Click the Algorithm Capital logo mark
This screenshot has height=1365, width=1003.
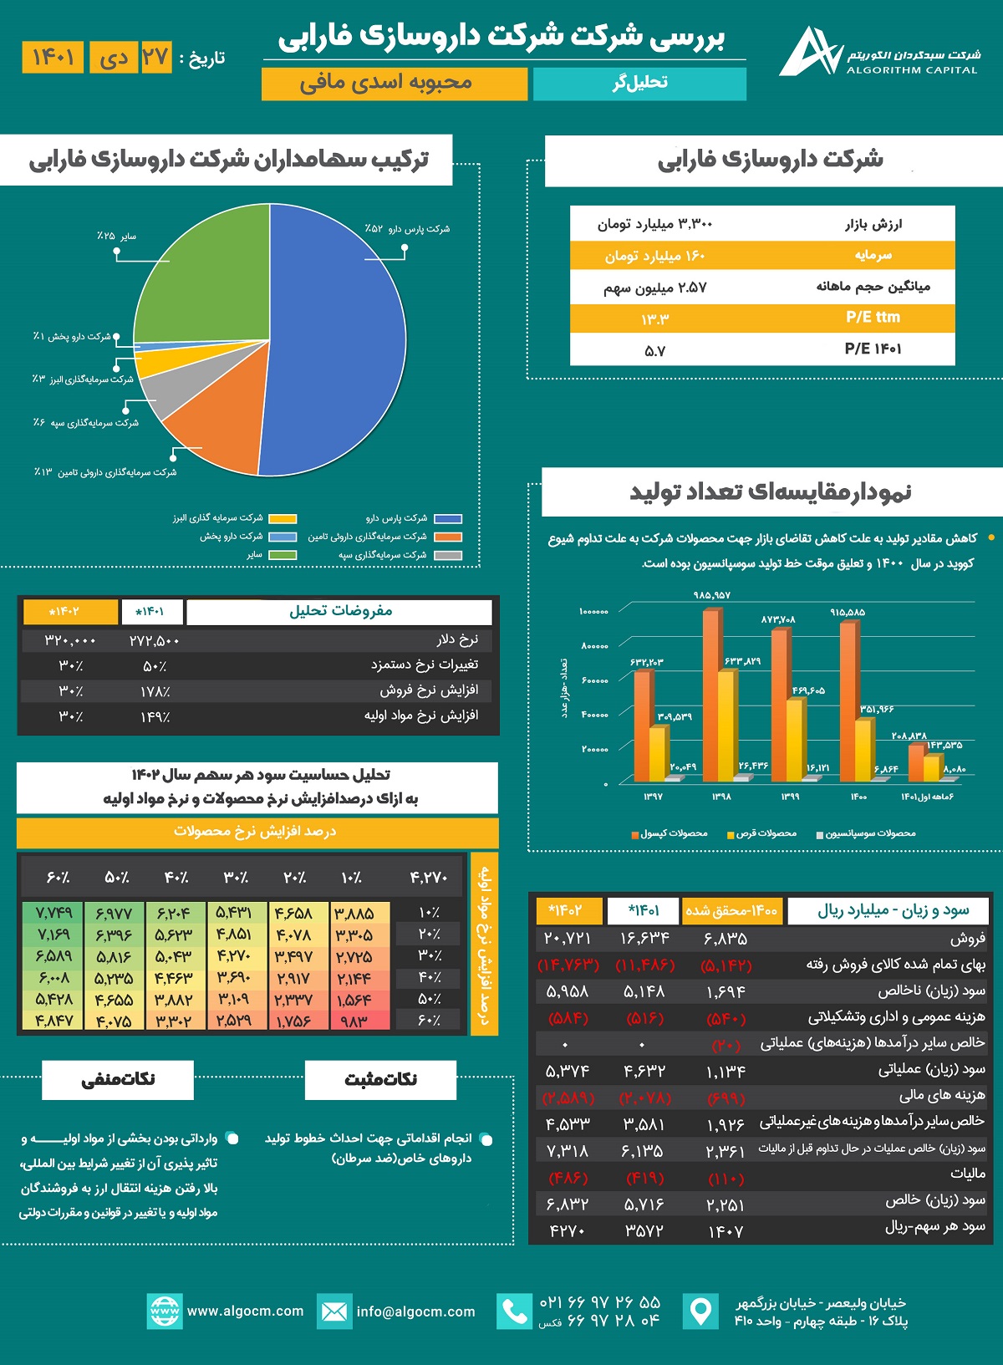[809, 53]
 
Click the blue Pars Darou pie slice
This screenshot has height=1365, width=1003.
[343, 334]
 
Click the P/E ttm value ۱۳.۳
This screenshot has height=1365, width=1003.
[655, 318]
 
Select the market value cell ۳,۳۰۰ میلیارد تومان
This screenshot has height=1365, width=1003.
[655, 224]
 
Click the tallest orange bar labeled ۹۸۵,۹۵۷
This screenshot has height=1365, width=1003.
[711, 694]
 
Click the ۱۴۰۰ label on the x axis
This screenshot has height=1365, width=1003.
[858, 797]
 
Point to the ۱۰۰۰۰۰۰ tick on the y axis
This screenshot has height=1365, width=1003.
[593, 612]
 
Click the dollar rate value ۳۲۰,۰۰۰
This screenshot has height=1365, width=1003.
[70, 640]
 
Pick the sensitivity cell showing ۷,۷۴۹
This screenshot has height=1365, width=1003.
[53, 912]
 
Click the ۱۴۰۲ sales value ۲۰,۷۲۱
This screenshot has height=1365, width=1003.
[568, 939]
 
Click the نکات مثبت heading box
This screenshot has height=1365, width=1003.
[380, 1079]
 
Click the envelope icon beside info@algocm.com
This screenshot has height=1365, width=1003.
[333, 1312]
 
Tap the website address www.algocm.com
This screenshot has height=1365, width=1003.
[245, 1312]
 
